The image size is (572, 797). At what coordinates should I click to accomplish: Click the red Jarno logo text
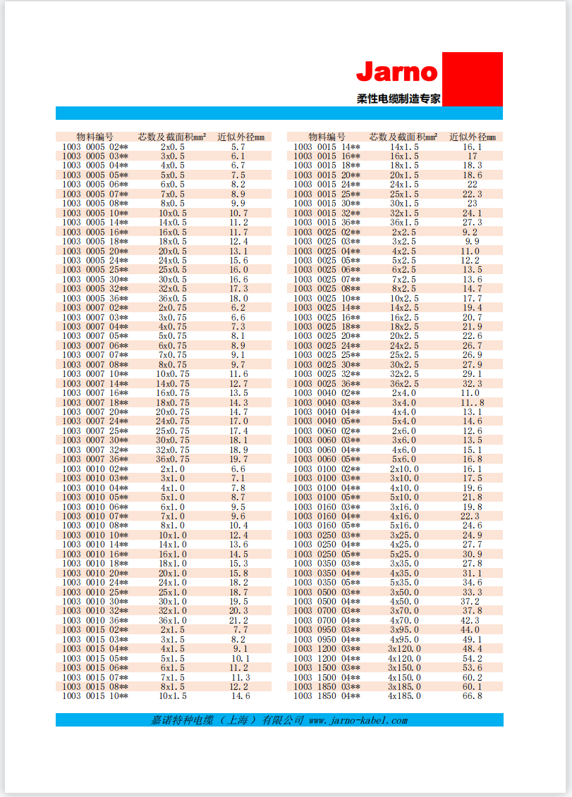pos(397,72)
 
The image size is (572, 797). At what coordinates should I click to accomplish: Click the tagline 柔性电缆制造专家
pos(398,99)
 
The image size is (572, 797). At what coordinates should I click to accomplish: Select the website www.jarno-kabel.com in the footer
pos(358,720)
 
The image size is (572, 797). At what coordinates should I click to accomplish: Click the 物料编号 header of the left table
pos(95,137)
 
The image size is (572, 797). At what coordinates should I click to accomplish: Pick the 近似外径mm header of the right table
pos(473,137)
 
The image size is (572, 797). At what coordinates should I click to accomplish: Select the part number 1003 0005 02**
pos(95,147)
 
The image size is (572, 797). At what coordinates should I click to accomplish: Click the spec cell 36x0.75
pos(173,459)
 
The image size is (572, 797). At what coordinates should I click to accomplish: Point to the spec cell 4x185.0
pos(404,696)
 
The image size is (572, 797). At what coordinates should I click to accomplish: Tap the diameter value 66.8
pos(473,696)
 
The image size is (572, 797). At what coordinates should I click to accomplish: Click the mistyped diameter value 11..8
pos(473,402)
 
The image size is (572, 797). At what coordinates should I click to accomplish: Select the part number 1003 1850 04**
pos(327,696)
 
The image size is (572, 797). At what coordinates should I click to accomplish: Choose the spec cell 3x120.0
pos(404,648)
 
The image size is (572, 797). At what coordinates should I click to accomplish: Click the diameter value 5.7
pos(238,147)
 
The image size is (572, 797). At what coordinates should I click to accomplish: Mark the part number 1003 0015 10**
pos(95,696)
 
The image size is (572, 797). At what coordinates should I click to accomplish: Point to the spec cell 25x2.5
pos(404,355)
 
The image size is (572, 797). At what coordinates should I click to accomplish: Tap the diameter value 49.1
pos(473,639)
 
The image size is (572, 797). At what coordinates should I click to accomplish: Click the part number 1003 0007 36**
pos(95,459)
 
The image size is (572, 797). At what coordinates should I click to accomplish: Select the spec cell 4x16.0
pos(404,516)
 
